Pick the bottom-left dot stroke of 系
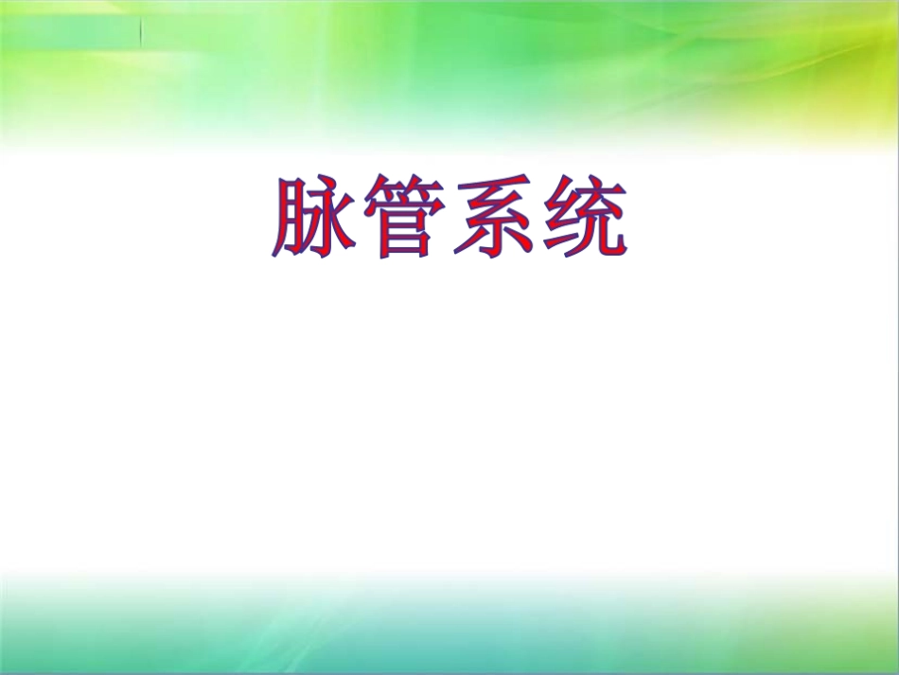470,244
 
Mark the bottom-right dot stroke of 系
519,243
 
